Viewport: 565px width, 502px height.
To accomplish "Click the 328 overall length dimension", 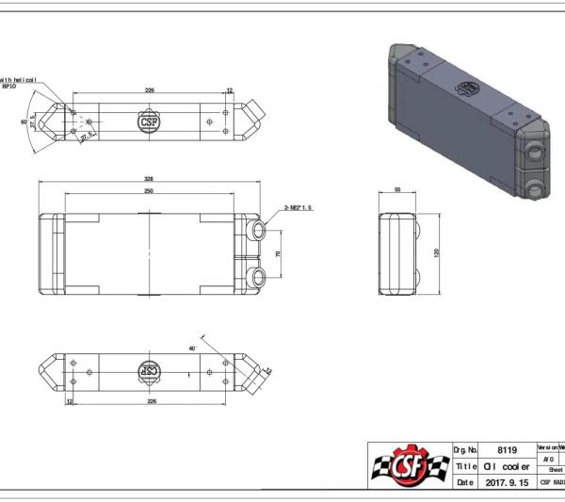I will click(148, 178).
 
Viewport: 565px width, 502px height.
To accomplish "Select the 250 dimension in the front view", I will click(148, 191).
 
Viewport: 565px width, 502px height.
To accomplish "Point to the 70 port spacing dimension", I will click(279, 254).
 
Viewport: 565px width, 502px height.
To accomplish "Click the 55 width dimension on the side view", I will click(397, 190).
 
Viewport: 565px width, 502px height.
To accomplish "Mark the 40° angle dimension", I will click(191, 348).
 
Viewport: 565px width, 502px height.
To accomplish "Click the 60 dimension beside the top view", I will click(24, 121).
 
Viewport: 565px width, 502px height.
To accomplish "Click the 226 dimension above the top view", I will click(149, 91).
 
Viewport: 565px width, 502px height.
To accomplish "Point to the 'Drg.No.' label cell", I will click(466, 450).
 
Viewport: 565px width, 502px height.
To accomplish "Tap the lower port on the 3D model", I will click(538, 188).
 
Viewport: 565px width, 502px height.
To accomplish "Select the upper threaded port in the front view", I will click(259, 230).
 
